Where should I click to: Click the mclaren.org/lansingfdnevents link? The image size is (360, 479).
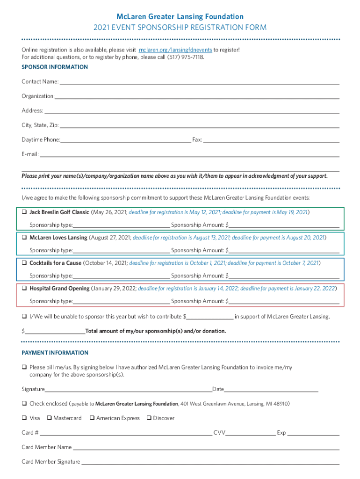tap(175, 50)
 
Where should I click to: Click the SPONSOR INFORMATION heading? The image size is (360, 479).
tap(55, 67)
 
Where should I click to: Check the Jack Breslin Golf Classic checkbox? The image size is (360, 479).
tap(24, 212)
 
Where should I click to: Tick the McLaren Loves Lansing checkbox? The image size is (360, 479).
tap(24, 237)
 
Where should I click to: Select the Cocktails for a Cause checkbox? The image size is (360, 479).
tap(24, 263)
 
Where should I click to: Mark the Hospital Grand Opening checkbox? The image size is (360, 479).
tap(24, 288)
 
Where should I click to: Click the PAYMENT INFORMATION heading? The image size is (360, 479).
tap(55, 353)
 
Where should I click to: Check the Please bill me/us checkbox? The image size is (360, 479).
tap(24, 367)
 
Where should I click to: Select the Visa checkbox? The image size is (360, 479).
tap(24, 418)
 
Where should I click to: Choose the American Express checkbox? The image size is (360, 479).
tap(93, 418)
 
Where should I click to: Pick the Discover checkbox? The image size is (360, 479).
tap(149, 418)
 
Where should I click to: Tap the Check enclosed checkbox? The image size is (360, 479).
tap(24, 403)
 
